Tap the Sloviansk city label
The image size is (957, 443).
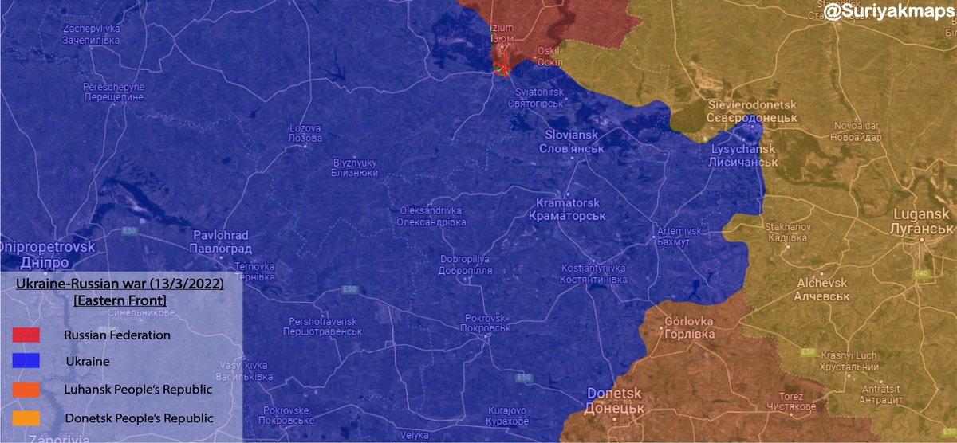[x=571, y=142]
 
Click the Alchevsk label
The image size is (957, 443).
[x=817, y=289]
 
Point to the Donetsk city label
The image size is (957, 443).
[x=615, y=400]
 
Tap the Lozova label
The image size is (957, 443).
[x=305, y=133]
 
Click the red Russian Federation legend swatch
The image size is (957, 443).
[x=26, y=335]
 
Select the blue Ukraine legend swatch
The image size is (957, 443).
[x=26, y=362]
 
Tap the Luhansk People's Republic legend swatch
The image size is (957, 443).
[x=26, y=390]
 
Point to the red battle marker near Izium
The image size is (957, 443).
[x=502, y=68]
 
